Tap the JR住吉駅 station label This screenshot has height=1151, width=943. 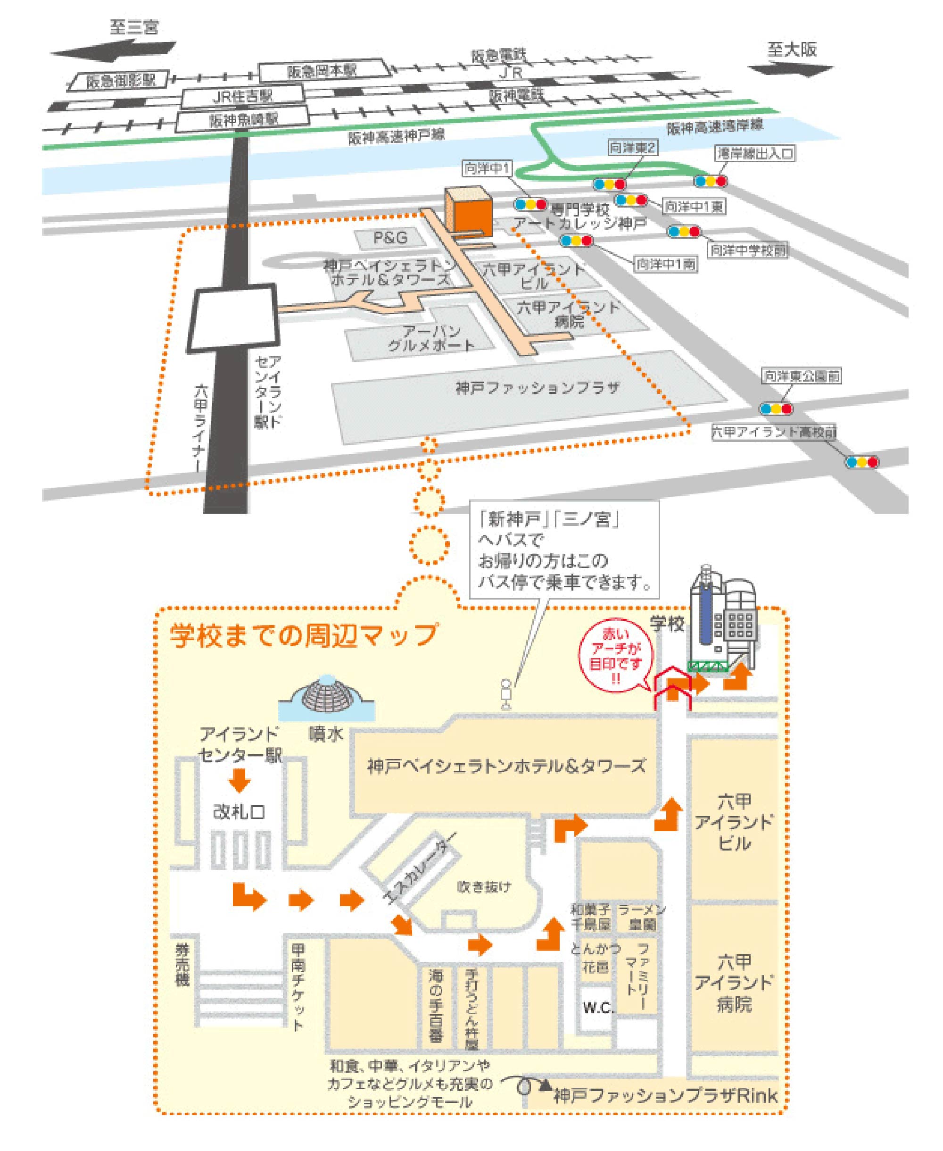click(242, 97)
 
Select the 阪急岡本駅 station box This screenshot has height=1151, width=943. click(323, 71)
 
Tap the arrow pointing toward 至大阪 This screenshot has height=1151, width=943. click(790, 69)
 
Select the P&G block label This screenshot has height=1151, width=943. click(390, 237)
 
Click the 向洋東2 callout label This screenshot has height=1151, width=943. click(632, 147)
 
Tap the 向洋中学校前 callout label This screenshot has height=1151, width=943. click(748, 250)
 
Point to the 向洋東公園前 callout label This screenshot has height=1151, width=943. click(802, 375)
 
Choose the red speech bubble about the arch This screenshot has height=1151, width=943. click(616, 657)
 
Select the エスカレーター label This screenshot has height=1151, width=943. click(419, 875)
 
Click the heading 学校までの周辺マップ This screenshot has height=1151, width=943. click(303, 635)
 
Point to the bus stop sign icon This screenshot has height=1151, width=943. click(506, 694)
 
